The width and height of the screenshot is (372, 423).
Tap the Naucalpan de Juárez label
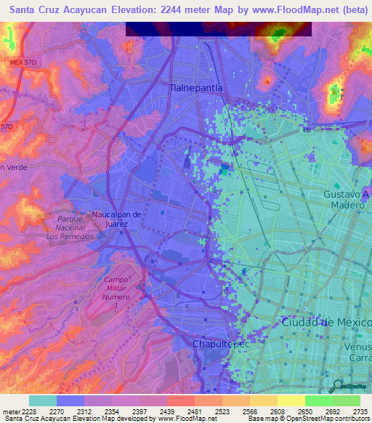[110, 219]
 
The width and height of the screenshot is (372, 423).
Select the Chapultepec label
[220, 344]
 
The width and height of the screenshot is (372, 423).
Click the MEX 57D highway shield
[23, 63]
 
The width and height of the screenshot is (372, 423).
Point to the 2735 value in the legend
[360, 411]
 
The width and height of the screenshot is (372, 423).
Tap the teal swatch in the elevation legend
[43, 400]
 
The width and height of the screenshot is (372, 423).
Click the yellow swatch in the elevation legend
[291, 400]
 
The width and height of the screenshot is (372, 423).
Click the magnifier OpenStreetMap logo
[339, 386]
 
